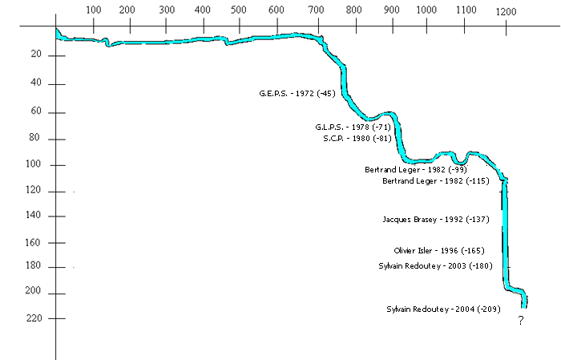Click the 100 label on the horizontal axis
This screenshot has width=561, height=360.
[93, 10]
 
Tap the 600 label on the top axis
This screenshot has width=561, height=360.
[276, 10]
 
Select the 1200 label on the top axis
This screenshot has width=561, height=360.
[506, 11]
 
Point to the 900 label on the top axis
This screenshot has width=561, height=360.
[390, 10]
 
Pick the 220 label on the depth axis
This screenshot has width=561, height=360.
[34, 319]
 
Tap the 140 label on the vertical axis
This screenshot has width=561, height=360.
[34, 216]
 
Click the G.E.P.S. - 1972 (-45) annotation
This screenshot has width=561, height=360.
[297, 94]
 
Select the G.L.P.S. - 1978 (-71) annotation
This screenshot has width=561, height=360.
[353, 127]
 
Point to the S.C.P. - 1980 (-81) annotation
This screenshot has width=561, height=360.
[357, 138]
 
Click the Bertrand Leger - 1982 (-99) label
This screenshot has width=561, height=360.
[415, 170]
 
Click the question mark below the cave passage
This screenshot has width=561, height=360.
[520, 321]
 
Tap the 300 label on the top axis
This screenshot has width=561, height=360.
[167, 10]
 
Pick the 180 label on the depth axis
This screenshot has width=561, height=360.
[34, 267]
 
